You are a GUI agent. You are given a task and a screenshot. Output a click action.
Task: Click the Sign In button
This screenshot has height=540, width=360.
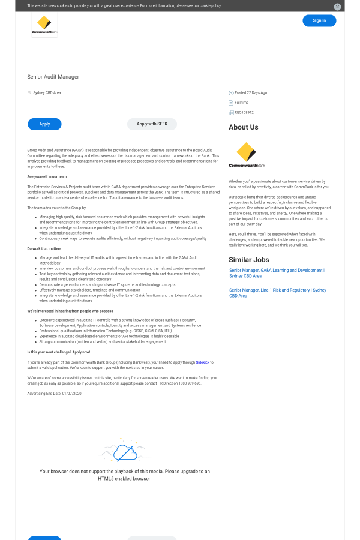pos(319,20)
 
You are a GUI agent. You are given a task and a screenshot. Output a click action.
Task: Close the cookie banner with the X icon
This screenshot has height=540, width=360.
pos(337,7)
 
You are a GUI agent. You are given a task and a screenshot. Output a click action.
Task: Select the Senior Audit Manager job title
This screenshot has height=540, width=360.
pos(53,77)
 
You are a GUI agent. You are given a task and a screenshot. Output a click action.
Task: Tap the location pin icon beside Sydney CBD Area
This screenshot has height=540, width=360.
pos(29,92)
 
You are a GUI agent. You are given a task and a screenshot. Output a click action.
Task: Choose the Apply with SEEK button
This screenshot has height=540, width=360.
pos(152,124)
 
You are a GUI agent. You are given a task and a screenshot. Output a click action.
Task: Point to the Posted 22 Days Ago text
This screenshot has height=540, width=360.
pos(251,92)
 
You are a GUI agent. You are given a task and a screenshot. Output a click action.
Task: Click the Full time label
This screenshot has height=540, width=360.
pos(241,103)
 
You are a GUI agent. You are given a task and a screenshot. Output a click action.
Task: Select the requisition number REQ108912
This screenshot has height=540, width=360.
pos(244,112)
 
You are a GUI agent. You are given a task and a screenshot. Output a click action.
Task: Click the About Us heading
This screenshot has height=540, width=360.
pos(243,127)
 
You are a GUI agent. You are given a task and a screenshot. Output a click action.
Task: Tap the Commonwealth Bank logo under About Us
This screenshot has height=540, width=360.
pos(246,154)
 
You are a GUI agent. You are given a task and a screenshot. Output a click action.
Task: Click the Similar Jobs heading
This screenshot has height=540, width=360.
pos(248,260)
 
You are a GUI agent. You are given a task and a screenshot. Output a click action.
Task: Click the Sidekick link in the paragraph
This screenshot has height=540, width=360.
pos(202,362)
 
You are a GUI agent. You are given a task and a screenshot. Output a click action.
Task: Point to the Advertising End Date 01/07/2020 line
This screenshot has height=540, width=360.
pos(54,393)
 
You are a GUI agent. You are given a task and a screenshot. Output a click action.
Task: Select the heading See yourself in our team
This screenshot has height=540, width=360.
pos(47,176)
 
